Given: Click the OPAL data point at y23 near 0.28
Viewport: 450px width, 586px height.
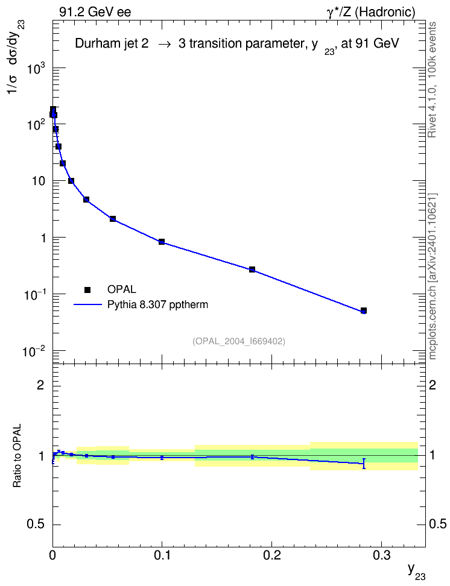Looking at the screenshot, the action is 364,310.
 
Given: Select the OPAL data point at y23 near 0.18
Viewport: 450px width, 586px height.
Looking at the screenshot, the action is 252,269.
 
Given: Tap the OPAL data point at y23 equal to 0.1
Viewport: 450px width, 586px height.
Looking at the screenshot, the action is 162,241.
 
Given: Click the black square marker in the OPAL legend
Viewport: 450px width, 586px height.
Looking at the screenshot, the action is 87,289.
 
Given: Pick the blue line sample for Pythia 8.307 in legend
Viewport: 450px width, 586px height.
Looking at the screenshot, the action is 87,304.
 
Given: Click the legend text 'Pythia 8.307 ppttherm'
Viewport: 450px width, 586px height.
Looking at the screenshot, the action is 157,305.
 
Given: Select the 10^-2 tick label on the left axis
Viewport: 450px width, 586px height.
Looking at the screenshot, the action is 34,351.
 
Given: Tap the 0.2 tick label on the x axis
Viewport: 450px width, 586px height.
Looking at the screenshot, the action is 271,556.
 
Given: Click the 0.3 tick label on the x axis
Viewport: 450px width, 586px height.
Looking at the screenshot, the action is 382,556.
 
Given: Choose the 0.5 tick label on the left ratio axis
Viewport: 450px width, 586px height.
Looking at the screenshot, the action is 36,525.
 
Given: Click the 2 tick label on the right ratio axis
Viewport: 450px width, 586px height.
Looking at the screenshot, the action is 433,385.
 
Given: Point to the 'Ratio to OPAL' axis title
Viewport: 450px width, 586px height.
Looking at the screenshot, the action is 17,456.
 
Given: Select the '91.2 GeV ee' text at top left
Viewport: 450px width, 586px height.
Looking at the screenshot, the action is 95,12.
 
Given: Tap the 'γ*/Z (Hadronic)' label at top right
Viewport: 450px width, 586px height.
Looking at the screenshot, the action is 371,12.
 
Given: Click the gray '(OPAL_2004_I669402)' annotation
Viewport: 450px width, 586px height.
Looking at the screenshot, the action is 239,341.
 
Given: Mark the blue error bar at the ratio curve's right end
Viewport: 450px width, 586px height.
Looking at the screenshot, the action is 364,464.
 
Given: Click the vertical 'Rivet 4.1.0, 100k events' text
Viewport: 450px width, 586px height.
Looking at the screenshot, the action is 432,80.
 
